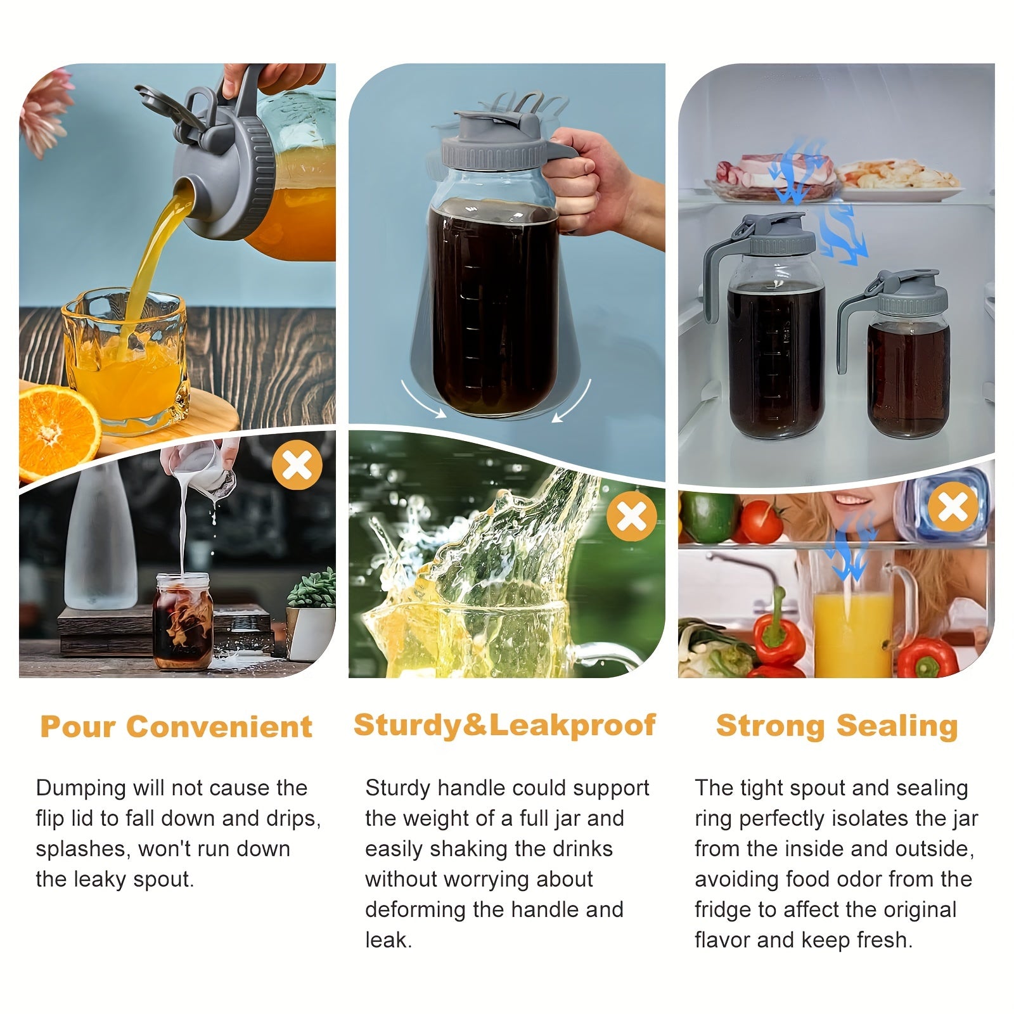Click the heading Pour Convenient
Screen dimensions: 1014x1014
[176, 726]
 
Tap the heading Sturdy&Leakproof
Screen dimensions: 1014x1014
[504, 725]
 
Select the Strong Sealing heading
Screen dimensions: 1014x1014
[837, 726]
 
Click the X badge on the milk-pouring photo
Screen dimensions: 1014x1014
[297, 466]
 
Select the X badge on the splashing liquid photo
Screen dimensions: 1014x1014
[632, 517]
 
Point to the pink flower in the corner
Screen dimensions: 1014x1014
[44, 111]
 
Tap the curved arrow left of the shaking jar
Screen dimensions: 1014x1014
[422, 399]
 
